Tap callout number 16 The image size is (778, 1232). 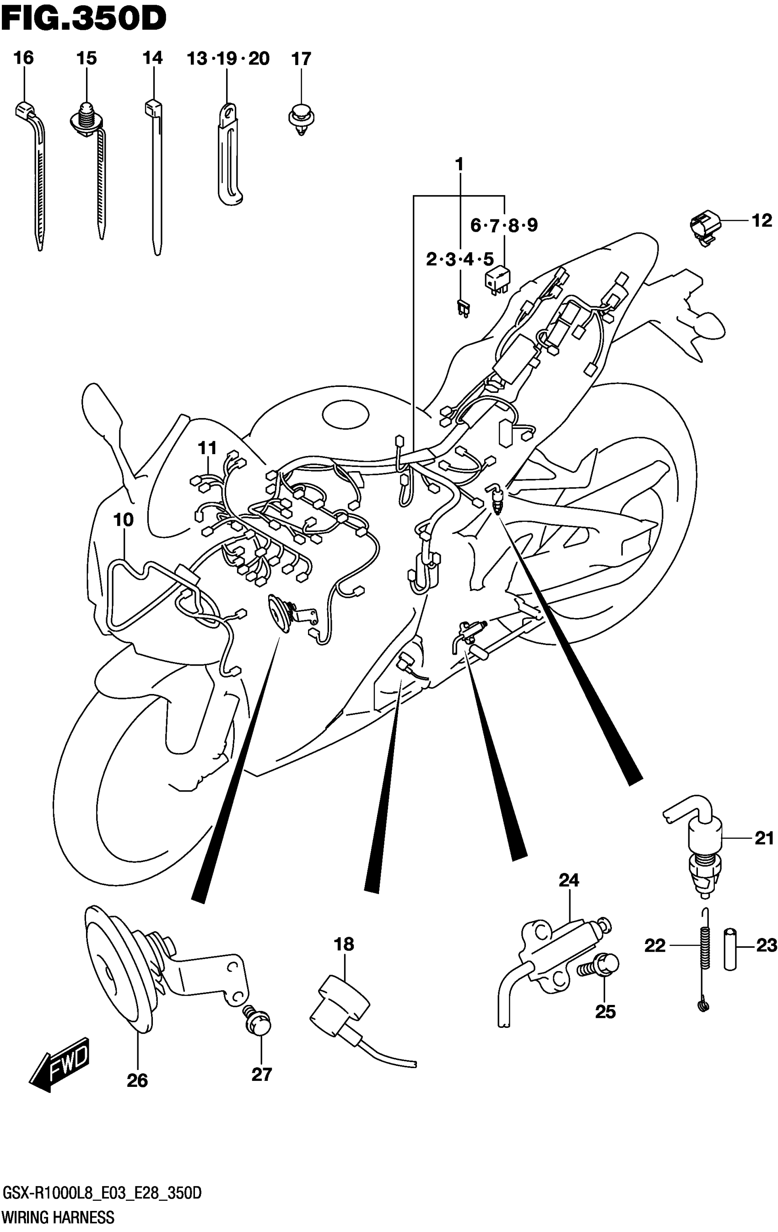pyautogui.click(x=23, y=58)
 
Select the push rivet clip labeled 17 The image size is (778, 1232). pyautogui.click(x=301, y=119)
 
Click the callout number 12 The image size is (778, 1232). pyautogui.click(x=762, y=221)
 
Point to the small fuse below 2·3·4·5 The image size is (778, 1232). pyautogui.click(x=464, y=309)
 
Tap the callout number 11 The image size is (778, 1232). pyautogui.click(x=207, y=448)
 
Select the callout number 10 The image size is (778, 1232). pyautogui.click(x=123, y=520)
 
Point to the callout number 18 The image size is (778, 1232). pyautogui.click(x=344, y=944)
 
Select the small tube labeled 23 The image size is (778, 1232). pyautogui.click(x=730, y=950)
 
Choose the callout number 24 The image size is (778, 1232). pyautogui.click(x=568, y=880)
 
